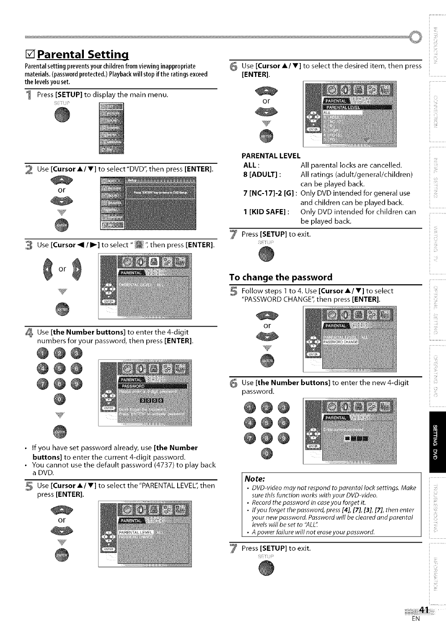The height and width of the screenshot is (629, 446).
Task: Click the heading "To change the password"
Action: tap(281, 277)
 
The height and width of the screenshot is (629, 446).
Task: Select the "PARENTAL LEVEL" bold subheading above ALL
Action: tap(271, 156)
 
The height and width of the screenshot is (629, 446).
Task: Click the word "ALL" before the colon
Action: tap(251, 165)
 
